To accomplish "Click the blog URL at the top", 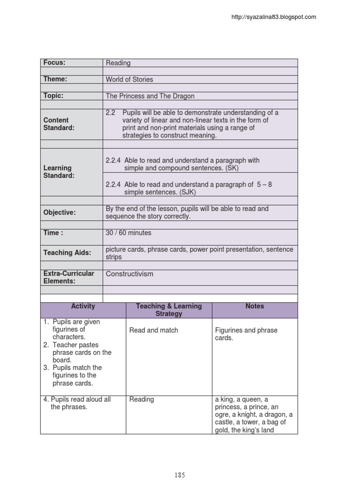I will [274, 17].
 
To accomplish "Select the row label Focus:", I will [54, 63].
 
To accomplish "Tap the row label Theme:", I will [55, 79].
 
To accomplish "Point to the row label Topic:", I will [53, 96].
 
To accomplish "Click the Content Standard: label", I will [59, 124].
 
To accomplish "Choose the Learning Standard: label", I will [59, 172].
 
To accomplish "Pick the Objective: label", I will [60, 212].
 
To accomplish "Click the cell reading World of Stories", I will [129, 80].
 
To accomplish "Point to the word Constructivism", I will [129, 274].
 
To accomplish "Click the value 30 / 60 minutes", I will [128, 233].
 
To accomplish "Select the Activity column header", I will [83, 306].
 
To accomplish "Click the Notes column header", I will [255, 306].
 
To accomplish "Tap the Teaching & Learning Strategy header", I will [169, 310].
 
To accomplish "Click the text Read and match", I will [154, 330].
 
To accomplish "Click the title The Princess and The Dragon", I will [150, 96].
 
